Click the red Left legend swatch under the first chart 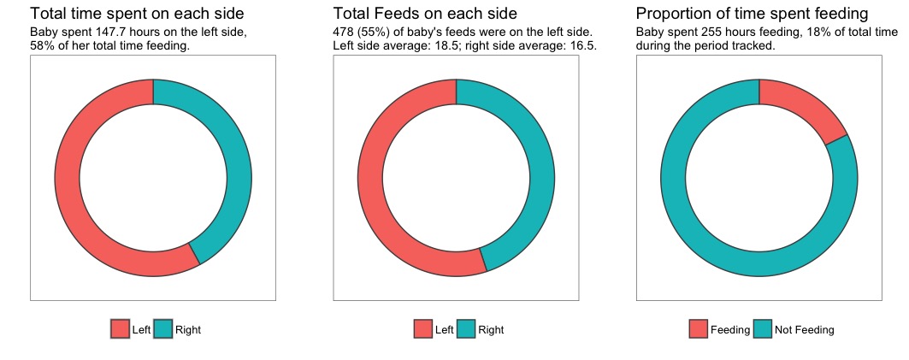tap(121, 329)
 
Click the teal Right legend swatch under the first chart tap(163, 329)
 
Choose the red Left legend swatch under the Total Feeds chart tap(423, 329)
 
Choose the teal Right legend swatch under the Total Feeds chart tap(467, 329)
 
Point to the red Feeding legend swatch tap(699, 329)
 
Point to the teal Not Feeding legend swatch tap(764, 329)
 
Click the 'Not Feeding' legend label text tap(804, 329)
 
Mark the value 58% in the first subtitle tap(42, 45)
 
